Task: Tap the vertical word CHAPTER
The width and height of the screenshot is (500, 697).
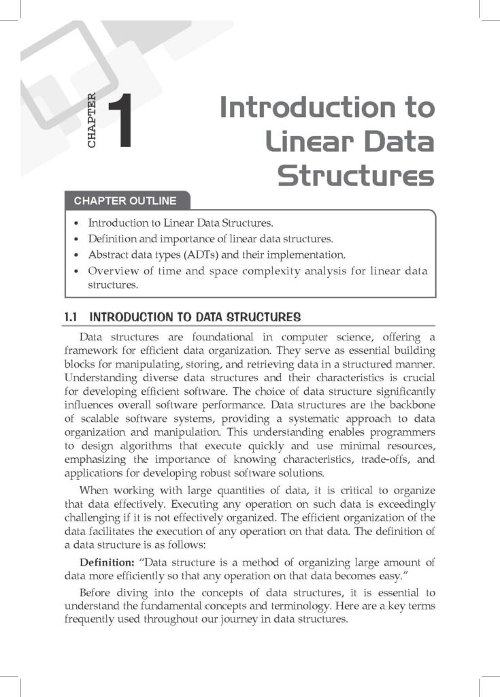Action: pos(92,121)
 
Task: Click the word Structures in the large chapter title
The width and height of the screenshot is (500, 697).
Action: pos(356,176)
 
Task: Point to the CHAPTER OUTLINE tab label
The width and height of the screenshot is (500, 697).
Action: pos(125,201)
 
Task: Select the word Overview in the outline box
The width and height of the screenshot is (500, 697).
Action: pos(111,271)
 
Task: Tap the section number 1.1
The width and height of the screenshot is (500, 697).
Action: pos(71,317)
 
